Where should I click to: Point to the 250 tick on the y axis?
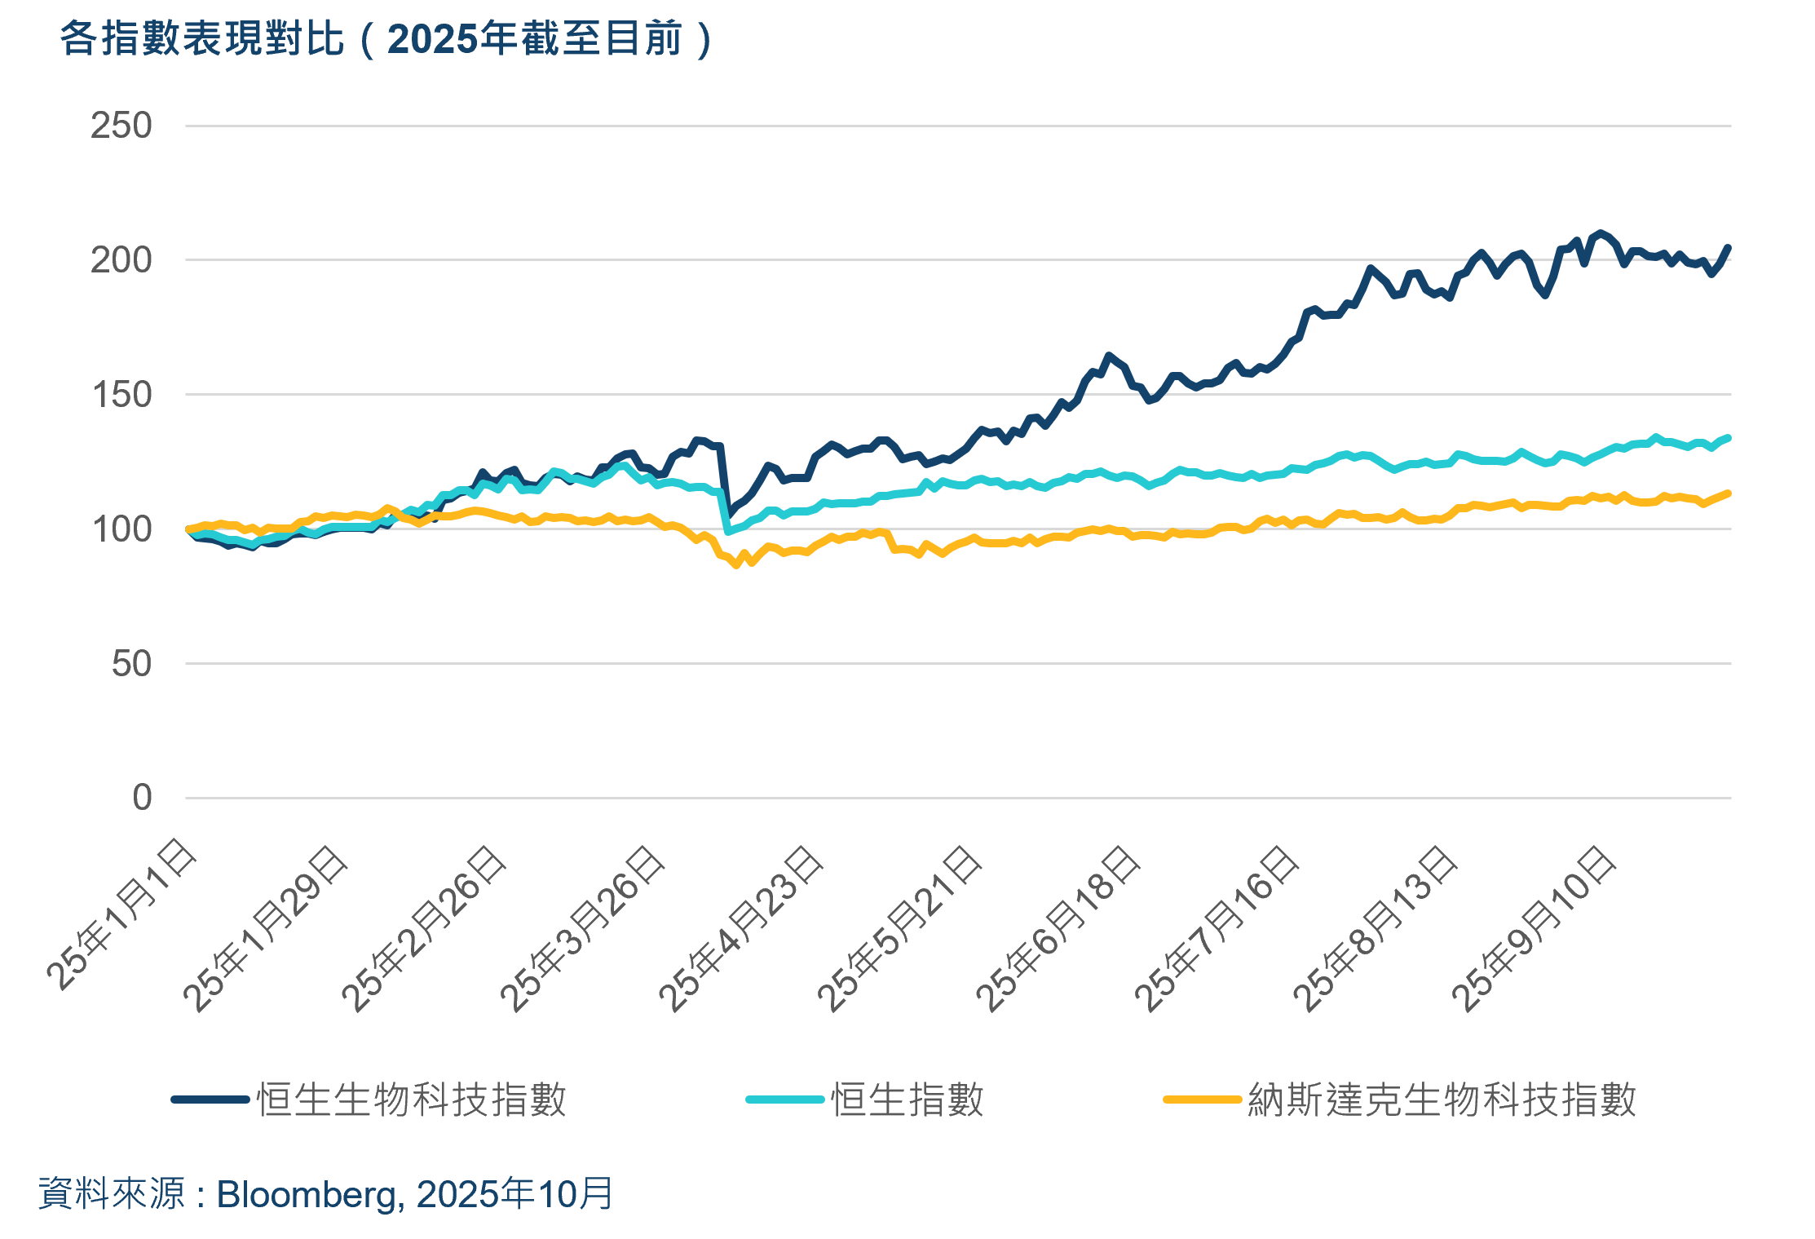click(x=121, y=126)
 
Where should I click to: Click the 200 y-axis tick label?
click(x=121, y=260)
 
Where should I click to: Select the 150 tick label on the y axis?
click(x=121, y=395)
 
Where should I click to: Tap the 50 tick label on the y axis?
click(x=131, y=664)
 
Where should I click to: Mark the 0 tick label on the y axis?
click(x=142, y=798)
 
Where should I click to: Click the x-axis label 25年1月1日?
click(x=121, y=914)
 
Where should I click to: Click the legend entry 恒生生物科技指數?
click(x=411, y=1100)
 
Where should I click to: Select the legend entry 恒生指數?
click(x=907, y=1100)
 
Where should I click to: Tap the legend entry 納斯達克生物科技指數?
click(x=1442, y=1100)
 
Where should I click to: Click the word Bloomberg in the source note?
click(x=307, y=1195)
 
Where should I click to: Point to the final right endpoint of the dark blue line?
click(x=1728, y=247)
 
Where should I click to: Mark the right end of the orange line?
click(x=1728, y=493)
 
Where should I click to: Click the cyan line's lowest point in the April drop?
click(x=728, y=532)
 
